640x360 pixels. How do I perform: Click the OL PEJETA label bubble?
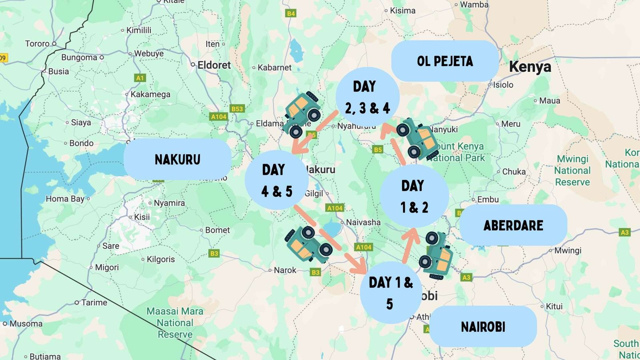pos(445,61)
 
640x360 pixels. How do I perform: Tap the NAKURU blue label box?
pos(177,159)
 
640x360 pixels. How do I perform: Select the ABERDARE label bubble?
pos(513,225)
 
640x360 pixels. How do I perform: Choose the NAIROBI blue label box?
pos(483,326)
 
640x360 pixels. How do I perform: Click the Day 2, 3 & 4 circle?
pos(367,97)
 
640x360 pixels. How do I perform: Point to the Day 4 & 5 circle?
pos(276,180)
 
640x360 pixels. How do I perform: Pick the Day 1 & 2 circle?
pos(414,196)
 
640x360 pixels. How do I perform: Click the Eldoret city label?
pos(214,65)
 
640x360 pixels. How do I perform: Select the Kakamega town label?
pos(150,94)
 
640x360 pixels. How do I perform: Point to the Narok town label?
pos(285,270)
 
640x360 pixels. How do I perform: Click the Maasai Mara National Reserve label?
pos(175,322)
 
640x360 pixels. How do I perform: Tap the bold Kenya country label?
pos(530,67)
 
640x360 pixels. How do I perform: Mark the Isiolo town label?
pos(503,85)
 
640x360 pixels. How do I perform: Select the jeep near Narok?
pos(308,244)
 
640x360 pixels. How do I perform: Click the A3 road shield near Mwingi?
pos(624,232)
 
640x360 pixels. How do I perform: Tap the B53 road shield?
pos(237,109)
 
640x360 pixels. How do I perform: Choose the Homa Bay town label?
pos(65,199)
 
